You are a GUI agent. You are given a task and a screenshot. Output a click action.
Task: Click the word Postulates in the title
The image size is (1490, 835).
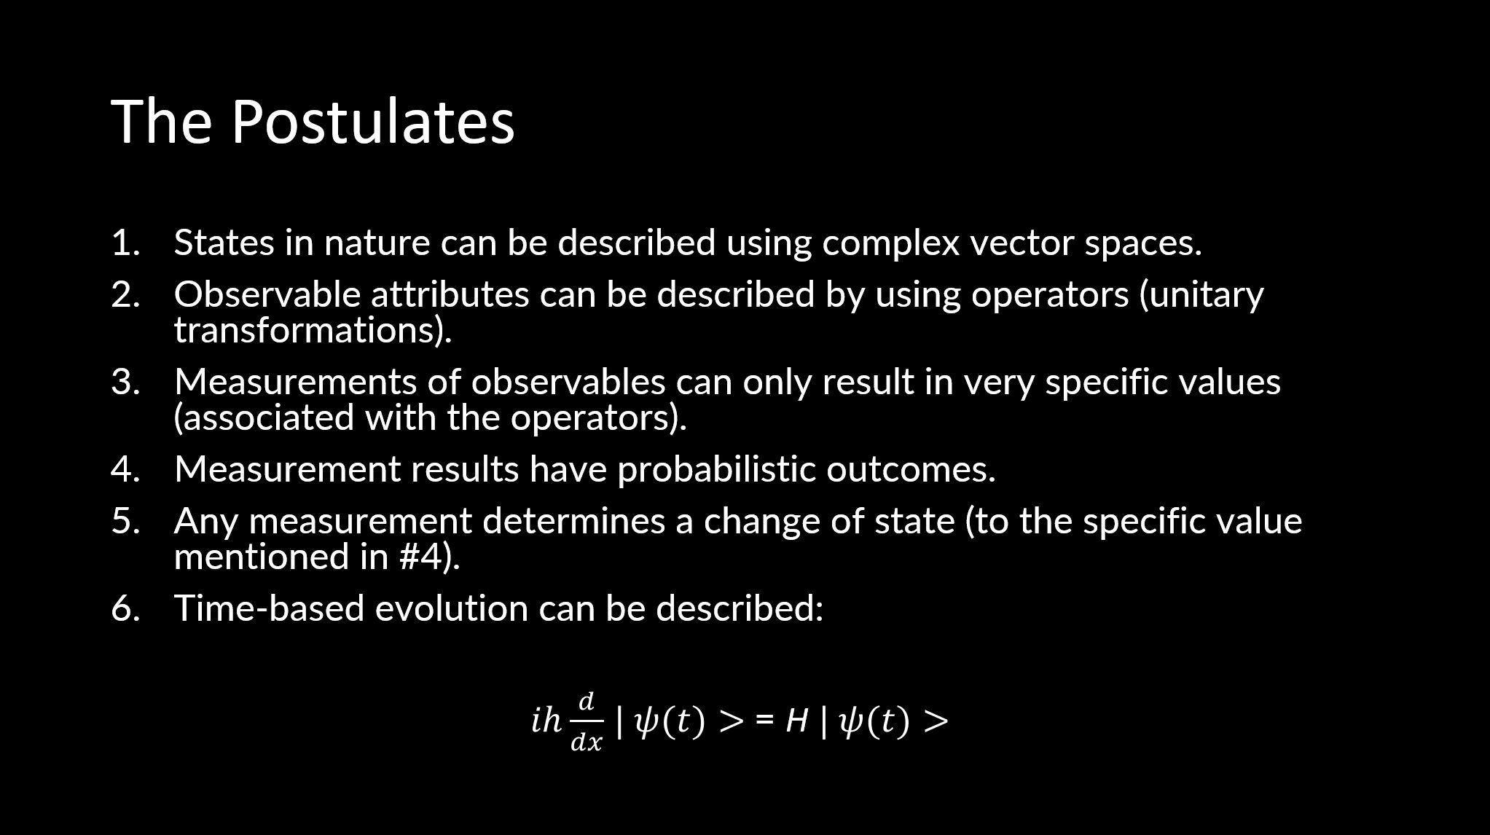click(373, 121)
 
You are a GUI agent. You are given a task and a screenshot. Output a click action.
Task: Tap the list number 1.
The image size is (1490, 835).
click(125, 243)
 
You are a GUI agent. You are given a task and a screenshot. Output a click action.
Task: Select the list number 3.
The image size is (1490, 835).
click(125, 382)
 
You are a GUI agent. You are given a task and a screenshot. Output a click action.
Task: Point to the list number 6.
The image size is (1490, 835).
click(125, 608)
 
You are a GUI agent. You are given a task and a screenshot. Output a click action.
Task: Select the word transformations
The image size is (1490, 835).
click(308, 330)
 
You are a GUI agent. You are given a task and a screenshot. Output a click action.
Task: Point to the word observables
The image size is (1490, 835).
click(568, 383)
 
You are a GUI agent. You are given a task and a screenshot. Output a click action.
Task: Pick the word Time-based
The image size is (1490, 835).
click(269, 608)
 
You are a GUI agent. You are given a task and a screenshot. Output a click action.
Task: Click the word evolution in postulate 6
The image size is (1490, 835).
click(451, 608)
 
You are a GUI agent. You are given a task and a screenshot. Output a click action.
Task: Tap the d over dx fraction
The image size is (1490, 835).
click(587, 722)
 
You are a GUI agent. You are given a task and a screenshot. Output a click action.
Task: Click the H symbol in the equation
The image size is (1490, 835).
click(796, 721)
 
